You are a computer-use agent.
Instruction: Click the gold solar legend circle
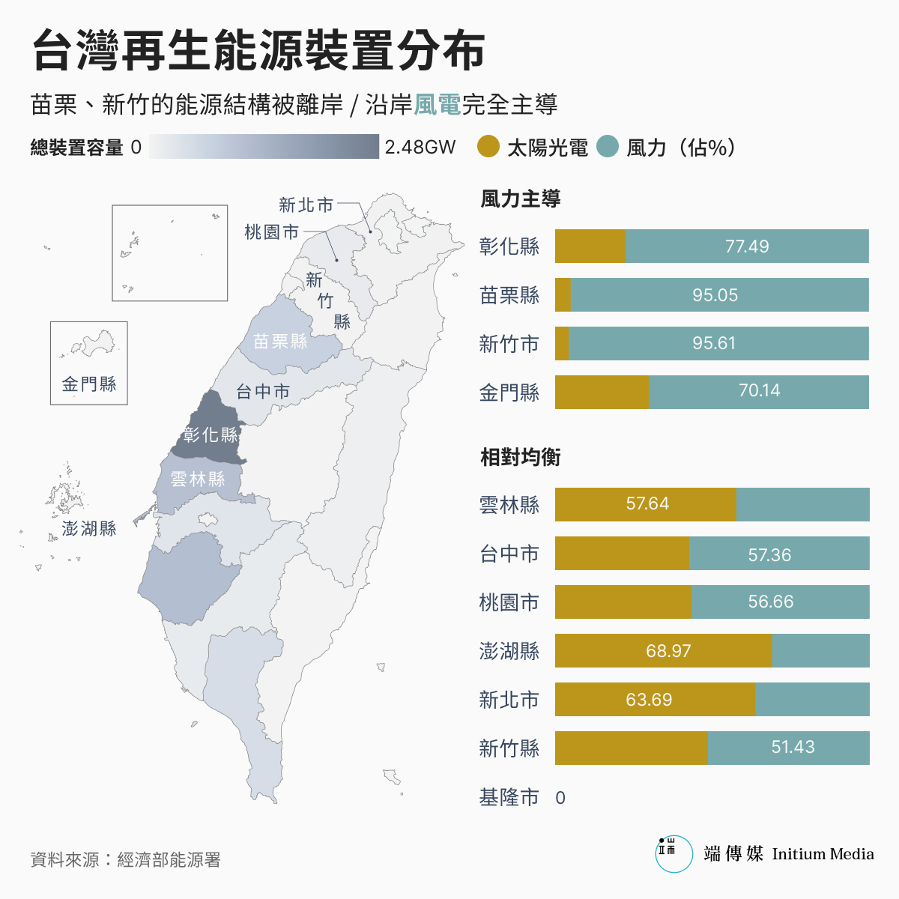[x=488, y=147]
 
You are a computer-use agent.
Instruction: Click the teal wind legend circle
[x=608, y=147]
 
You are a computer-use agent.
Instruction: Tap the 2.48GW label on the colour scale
[x=420, y=147]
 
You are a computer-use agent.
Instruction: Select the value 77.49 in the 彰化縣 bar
[x=747, y=246]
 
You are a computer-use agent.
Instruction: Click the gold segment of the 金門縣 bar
[x=602, y=392]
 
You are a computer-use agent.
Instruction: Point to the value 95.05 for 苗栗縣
[x=715, y=295]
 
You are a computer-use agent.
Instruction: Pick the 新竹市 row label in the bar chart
[x=509, y=344]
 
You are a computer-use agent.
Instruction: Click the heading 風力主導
[x=521, y=199]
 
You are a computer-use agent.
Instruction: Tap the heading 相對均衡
[x=521, y=457]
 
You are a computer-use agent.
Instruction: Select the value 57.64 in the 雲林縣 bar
[x=647, y=503]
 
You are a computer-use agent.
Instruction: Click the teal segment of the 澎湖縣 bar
[x=820, y=651]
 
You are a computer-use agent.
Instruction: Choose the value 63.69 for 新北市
[x=649, y=700]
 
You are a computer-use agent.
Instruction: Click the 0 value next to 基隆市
[x=560, y=798]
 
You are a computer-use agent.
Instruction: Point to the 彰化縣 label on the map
[x=211, y=435]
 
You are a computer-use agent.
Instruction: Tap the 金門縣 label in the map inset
[x=89, y=384]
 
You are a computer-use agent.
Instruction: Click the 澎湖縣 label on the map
[x=89, y=529]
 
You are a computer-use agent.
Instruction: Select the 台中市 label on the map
[x=263, y=391]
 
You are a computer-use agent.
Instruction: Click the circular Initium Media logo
[x=674, y=854]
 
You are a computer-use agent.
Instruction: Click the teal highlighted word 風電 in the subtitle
[x=438, y=105]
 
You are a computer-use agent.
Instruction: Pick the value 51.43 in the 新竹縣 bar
[x=793, y=747]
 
